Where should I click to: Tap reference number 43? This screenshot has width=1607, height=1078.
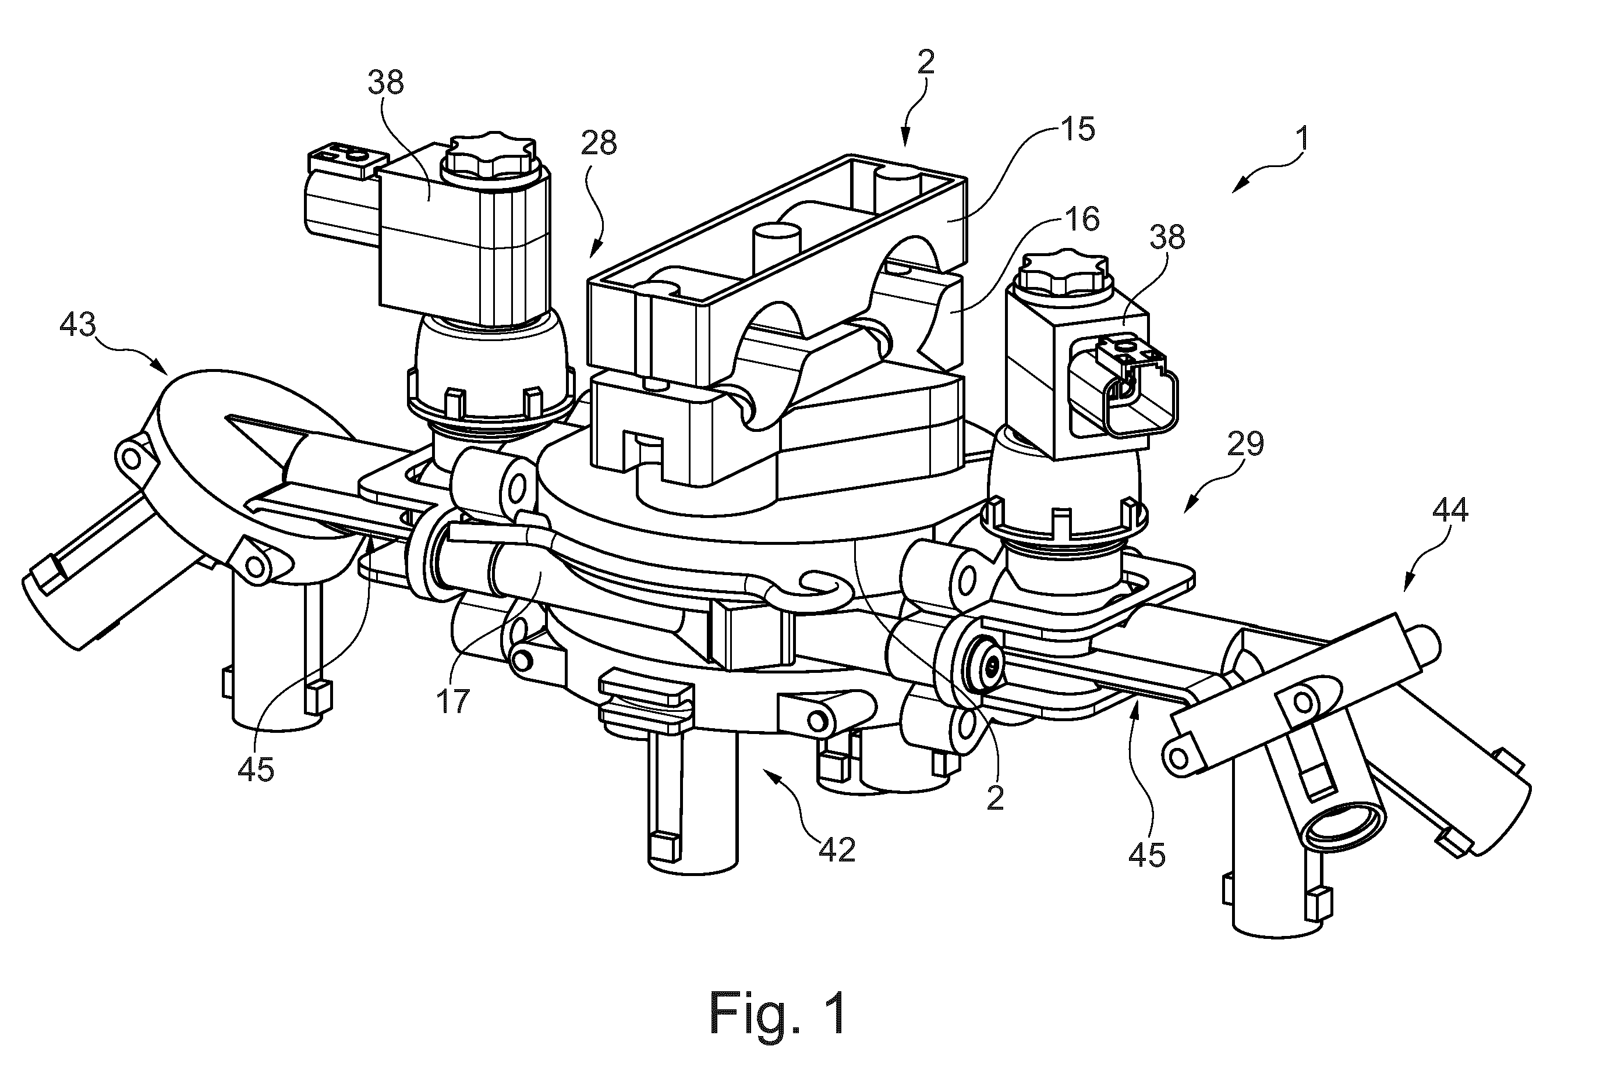click(x=77, y=324)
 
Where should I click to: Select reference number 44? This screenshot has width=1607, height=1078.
click(x=1450, y=509)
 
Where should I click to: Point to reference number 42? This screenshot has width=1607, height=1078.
click(x=837, y=850)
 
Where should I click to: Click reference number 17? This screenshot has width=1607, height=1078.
click(x=452, y=701)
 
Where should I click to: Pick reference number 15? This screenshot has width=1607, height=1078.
click(x=1078, y=129)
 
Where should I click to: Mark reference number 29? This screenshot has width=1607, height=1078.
click(x=1245, y=444)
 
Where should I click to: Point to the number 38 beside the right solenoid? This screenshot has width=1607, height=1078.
click(x=1167, y=236)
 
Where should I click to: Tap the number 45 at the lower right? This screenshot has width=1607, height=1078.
click(x=1147, y=854)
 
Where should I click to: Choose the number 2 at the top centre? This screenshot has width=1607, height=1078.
click(x=926, y=62)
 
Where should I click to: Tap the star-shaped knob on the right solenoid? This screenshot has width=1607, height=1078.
click(x=1064, y=269)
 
